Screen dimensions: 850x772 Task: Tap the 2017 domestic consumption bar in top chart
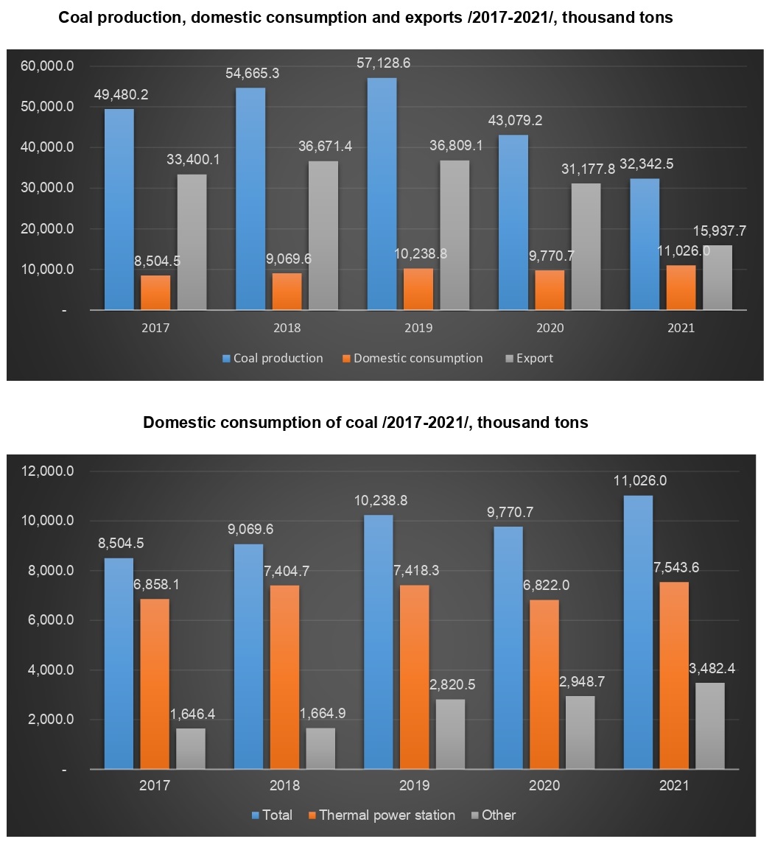155,292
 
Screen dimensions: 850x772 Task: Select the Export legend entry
534,358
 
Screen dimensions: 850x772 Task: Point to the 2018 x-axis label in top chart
286,328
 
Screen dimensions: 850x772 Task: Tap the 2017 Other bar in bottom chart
191,748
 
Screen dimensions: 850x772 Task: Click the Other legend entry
499,815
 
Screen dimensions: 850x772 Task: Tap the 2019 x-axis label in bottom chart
415,785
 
